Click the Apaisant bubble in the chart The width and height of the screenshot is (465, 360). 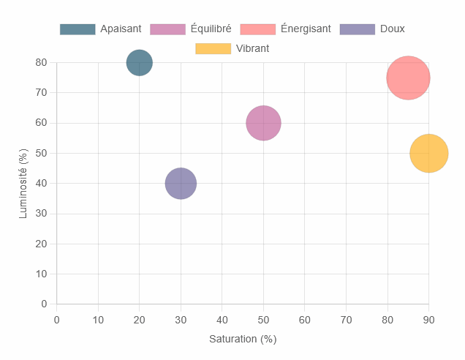140,63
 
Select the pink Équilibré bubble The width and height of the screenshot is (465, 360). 264,123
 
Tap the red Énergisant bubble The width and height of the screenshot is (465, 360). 408,78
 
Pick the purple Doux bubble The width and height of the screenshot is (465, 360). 181,184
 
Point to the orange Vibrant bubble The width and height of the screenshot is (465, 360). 429,154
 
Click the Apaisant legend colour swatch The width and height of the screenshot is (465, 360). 77,29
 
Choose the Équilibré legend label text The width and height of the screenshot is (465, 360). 211,29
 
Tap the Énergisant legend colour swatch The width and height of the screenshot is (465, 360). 257,29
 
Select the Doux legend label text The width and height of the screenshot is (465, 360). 393,29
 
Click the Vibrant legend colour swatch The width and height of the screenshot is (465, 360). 213,49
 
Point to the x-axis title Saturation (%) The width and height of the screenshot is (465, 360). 243,340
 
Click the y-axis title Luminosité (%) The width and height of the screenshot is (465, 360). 23,183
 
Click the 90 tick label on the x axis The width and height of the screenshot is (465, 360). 429,319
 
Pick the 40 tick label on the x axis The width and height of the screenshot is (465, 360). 222,319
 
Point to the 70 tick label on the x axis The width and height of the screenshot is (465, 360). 347,319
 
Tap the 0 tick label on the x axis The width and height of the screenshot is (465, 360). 57,319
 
